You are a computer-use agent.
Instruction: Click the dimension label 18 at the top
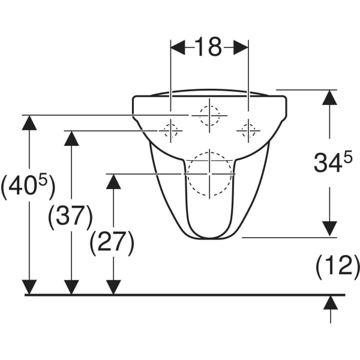pyautogui.click(x=209, y=47)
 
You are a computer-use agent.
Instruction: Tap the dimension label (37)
pyautogui.click(x=70, y=216)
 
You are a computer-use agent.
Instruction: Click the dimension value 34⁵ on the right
pyautogui.click(x=329, y=163)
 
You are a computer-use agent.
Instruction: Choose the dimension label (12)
pyautogui.click(x=337, y=265)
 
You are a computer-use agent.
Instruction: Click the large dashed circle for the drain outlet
pyautogui.click(x=209, y=174)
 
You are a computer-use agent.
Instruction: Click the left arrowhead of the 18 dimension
pyautogui.click(x=178, y=47)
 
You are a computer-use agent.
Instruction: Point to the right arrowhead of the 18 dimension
pyautogui.click(x=241, y=47)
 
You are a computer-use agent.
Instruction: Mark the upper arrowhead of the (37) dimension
pyautogui.click(x=71, y=139)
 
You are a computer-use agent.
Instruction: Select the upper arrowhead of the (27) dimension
pyautogui.click(x=113, y=181)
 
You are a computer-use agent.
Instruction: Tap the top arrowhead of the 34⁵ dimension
pyautogui.click(x=329, y=98)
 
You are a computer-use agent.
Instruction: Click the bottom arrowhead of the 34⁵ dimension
pyautogui.click(x=329, y=229)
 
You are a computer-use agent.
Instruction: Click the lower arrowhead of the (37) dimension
pyautogui.click(x=71, y=287)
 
